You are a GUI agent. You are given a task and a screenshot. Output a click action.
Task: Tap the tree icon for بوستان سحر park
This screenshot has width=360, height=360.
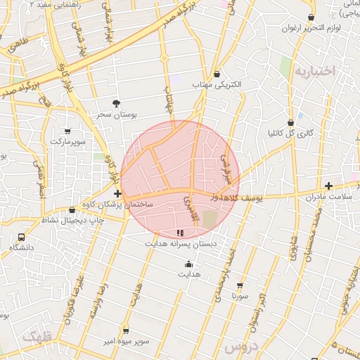(117, 103)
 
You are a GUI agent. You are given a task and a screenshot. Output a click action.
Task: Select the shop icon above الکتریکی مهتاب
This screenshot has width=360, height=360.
(217, 74)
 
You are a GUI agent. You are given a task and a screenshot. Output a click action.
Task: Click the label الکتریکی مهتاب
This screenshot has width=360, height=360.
(217, 84)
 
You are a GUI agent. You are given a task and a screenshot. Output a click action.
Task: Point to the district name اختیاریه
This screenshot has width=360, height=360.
(316, 72)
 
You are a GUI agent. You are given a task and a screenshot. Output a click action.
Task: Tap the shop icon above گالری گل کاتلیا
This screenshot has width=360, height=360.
(290, 122)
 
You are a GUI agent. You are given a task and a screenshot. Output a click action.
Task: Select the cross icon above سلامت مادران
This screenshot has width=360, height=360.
(328, 186)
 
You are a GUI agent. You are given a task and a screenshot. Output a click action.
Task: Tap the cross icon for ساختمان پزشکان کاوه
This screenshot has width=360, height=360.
(117, 193)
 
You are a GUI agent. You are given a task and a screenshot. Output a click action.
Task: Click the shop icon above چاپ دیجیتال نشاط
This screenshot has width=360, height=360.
(72, 210)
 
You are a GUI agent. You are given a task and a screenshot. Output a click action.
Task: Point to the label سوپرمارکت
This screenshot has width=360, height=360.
(67, 141)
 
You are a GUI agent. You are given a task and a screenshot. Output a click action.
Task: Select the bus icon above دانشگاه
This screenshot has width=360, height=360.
(21, 238)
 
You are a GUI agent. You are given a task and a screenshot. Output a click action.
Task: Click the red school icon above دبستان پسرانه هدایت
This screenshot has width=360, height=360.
(180, 233)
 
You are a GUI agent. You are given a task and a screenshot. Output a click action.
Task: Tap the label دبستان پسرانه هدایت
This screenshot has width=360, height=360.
(181, 243)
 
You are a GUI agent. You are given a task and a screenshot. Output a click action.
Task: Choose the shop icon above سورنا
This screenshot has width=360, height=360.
(240, 285)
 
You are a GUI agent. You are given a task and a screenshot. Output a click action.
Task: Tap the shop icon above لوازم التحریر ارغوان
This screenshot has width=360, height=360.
(311, 18)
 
